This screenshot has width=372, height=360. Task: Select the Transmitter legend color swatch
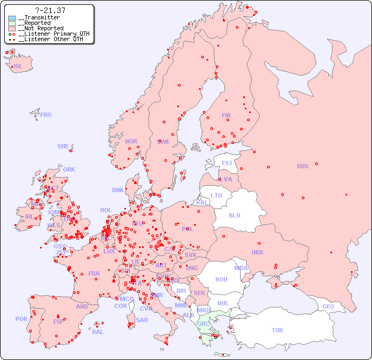click(12, 18)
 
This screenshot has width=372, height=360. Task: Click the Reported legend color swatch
click(12, 23)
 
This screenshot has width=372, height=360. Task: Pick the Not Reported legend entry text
click(40, 29)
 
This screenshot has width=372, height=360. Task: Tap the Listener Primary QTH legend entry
click(50, 34)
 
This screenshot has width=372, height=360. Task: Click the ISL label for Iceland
click(18, 67)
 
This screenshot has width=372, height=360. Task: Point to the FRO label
click(46, 115)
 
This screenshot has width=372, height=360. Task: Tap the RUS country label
click(302, 166)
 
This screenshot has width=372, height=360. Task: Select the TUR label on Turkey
click(277, 330)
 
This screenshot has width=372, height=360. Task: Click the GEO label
click(328, 306)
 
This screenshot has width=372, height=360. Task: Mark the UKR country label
click(257, 252)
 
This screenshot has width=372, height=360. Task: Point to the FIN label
click(226, 115)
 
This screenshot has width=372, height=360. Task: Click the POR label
click(21, 319)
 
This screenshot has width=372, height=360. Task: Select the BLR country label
click(234, 215)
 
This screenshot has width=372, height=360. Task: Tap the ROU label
click(221, 279)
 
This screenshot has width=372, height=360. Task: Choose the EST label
click(227, 163)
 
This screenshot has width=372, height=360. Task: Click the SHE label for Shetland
click(63, 146)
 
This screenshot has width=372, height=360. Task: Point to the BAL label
click(97, 332)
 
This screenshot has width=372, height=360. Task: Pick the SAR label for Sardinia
click(142, 320)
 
